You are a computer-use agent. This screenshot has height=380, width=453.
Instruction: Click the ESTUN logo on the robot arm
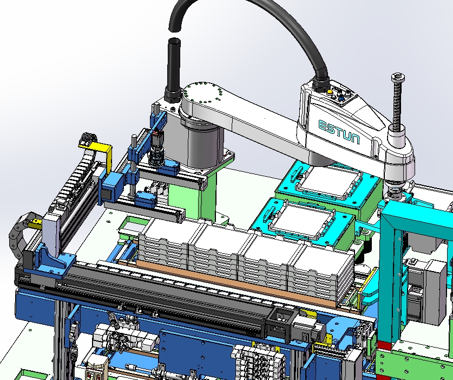339,132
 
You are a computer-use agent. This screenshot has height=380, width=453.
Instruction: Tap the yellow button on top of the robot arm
330,92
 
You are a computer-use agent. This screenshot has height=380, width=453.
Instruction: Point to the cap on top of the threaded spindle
398,77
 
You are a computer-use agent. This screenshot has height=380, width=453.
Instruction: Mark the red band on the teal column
384,345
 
